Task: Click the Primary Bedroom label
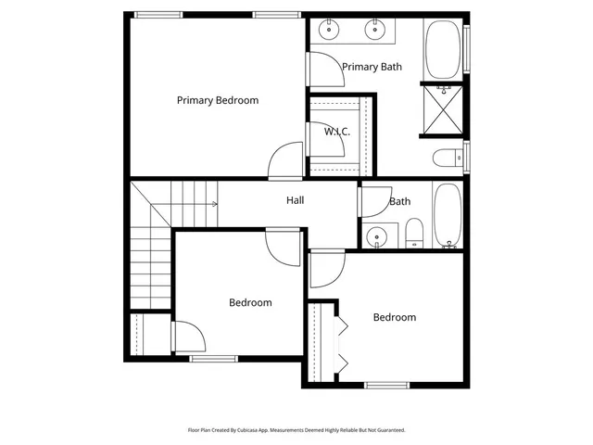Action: tap(218, 100)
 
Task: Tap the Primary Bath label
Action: tap(372, 67)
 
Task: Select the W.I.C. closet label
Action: tap(336, 132)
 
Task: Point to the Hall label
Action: tap(296, 200)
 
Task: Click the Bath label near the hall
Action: tap(400, 201)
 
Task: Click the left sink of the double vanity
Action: tap(331, 30)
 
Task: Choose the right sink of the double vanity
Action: tap(375, 30)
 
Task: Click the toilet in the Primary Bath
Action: tap(447, 157)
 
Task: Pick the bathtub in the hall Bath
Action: tap(448, 215)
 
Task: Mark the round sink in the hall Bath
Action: tap(376, 236)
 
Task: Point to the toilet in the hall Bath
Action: tap(414, 233)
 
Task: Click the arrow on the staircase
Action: tap(214, 204)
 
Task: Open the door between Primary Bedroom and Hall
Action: tap(285, 162)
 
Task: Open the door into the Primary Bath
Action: tap(321, 70)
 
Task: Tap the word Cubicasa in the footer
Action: tap(248, 430)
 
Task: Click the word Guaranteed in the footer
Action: tap(392, 430)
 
